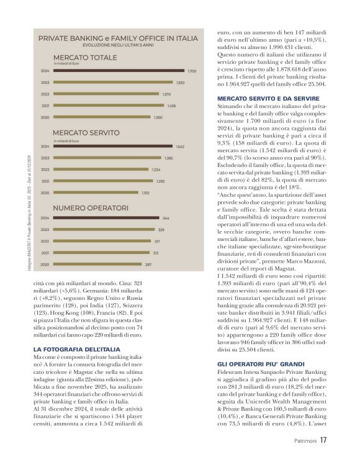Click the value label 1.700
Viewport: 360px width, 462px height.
192,71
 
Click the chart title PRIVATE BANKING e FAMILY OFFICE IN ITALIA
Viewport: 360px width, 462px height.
118,38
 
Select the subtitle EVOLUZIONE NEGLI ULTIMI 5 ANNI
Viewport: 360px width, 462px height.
118,45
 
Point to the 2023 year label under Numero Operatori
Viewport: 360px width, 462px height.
45,230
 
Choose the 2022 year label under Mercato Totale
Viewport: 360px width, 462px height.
45,94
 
